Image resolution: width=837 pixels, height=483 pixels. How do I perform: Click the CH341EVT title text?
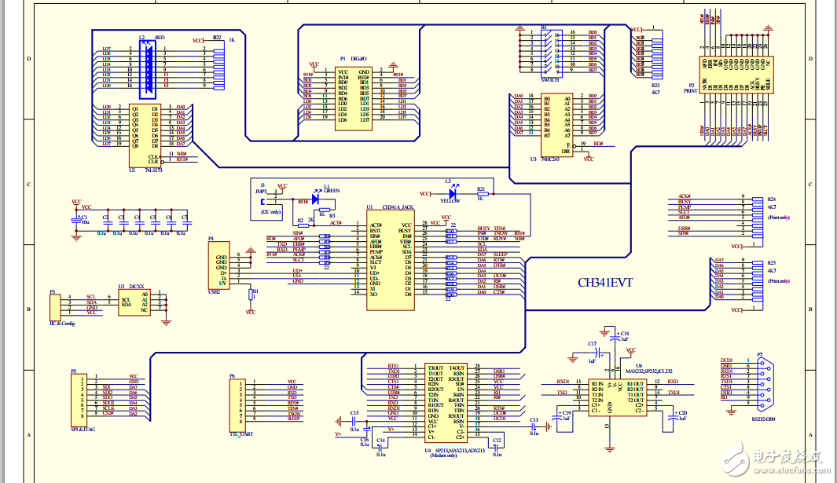(x=605, y=282)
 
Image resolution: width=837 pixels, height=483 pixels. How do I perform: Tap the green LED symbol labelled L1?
(x=316, y=199)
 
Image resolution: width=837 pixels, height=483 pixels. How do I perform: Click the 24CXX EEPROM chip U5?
(x=134, y=302)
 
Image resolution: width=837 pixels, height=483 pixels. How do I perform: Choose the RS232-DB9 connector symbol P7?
(x=760, y=382)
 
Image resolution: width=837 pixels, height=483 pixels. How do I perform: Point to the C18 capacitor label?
(x=625, y=333)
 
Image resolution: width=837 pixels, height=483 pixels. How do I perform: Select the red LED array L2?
(x=146, y=66)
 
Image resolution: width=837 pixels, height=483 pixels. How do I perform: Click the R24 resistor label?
(x=772, y=199)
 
